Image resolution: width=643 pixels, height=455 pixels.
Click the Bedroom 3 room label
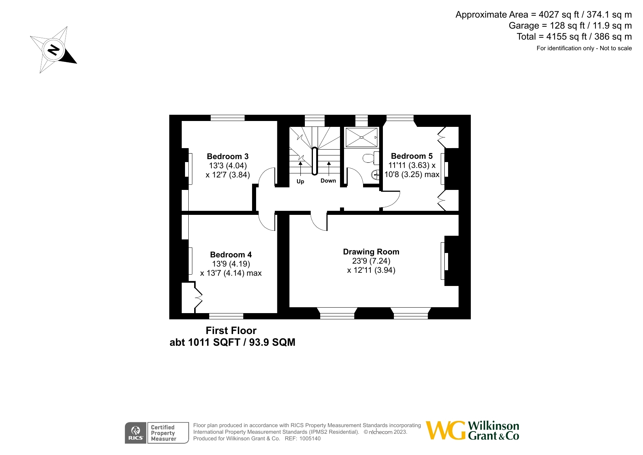pyautogui.click(x=228, y=157)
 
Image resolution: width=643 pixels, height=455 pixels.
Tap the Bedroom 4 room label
pyautogui.click(x=231, y=254)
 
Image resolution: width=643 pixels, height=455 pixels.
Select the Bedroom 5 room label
pyautogui.click(x=411, y=156)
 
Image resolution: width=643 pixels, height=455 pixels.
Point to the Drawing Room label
pyautogui.click(x=371, y=252)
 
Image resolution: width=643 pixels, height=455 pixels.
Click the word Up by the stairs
pyautogui.click(x=300, y=181)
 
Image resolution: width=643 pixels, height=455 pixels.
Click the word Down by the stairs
pyautogui.click(x=328, y=181)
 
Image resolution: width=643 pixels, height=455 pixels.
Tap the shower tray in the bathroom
pyautogui.click(x=361, y=137)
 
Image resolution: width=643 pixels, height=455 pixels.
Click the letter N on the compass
pyautogui.click(x=54, y=50)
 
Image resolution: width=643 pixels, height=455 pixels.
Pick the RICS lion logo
pyautogui.click(x=136, y=433)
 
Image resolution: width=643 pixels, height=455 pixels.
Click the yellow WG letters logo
pyautogui.click(x=445, y=430)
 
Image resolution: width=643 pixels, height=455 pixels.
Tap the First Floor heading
pyautogui.click(x=231, y=331)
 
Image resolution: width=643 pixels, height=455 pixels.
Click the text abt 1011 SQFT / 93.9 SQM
pyautogui.click(x=232, y=342)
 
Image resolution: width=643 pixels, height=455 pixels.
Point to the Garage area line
pyautogui.click(x=570, y=26)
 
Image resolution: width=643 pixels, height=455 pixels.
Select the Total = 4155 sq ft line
pyautogui.click(x=574, y=37)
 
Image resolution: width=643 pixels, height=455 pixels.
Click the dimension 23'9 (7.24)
pyautogui.click(x=371, y=261)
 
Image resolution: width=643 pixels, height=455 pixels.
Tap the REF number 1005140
pyautogui.click(x=310, y=439)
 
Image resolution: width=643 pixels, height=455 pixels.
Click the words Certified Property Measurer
pyautogui.click(x=163, y=433)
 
